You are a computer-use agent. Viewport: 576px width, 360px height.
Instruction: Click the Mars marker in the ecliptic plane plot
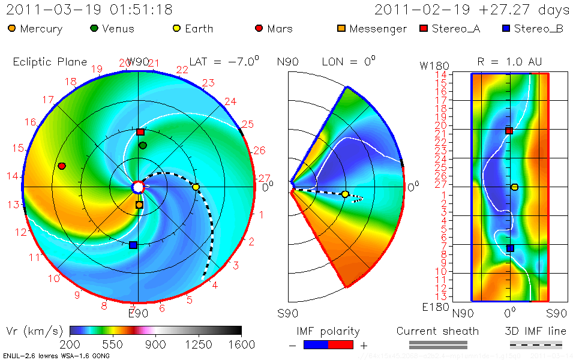[62, 166]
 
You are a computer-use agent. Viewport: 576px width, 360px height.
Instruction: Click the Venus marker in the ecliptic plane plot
[143, 146]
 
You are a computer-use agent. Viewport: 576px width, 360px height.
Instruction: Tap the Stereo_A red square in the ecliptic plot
[140, 132]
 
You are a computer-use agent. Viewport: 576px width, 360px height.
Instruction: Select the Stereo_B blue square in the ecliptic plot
[133, 245]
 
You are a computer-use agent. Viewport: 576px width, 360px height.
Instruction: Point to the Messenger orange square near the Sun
[139, 205]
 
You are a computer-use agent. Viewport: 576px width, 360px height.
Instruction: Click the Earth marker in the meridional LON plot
[345, 194]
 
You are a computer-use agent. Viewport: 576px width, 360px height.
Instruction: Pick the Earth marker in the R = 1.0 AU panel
[514, 187]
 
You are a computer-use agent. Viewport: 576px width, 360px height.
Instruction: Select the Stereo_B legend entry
[533, 29]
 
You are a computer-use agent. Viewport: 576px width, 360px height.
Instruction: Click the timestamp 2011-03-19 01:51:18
[89, 10]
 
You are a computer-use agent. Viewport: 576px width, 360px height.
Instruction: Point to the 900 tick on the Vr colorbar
[156, 344]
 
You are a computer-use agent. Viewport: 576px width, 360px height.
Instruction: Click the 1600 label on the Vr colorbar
[241, 344]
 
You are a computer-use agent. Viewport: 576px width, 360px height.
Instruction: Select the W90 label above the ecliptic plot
[137, 62]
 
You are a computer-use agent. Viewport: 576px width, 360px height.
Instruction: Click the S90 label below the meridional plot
[288, 313]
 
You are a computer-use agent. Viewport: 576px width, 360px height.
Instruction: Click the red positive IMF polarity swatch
[341, 344]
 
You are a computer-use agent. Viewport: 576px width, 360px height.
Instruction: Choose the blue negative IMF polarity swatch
[316, 344]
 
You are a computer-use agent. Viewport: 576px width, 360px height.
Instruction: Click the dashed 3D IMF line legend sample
[536, 344]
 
